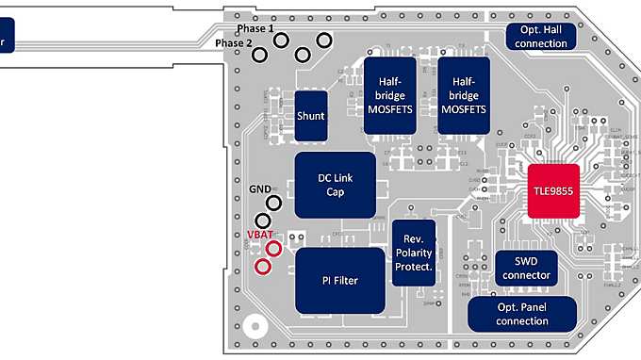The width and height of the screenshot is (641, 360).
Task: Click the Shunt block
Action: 311,116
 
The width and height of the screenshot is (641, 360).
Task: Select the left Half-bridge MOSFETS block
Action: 390,95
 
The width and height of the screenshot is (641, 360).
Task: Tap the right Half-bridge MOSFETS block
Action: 463,95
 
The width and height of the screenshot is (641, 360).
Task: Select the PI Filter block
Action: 340,280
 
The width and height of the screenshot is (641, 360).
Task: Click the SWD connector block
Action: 525,269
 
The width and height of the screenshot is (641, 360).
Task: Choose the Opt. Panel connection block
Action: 521,314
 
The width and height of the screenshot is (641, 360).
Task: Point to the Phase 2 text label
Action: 234,43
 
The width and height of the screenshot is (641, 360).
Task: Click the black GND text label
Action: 260,188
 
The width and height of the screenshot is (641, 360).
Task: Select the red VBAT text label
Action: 258,233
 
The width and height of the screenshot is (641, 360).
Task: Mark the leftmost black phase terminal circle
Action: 259,55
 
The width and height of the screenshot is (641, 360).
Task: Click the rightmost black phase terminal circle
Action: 324,40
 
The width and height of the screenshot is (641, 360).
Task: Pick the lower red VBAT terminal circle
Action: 264,267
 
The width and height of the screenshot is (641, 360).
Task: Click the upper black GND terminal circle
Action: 274,202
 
